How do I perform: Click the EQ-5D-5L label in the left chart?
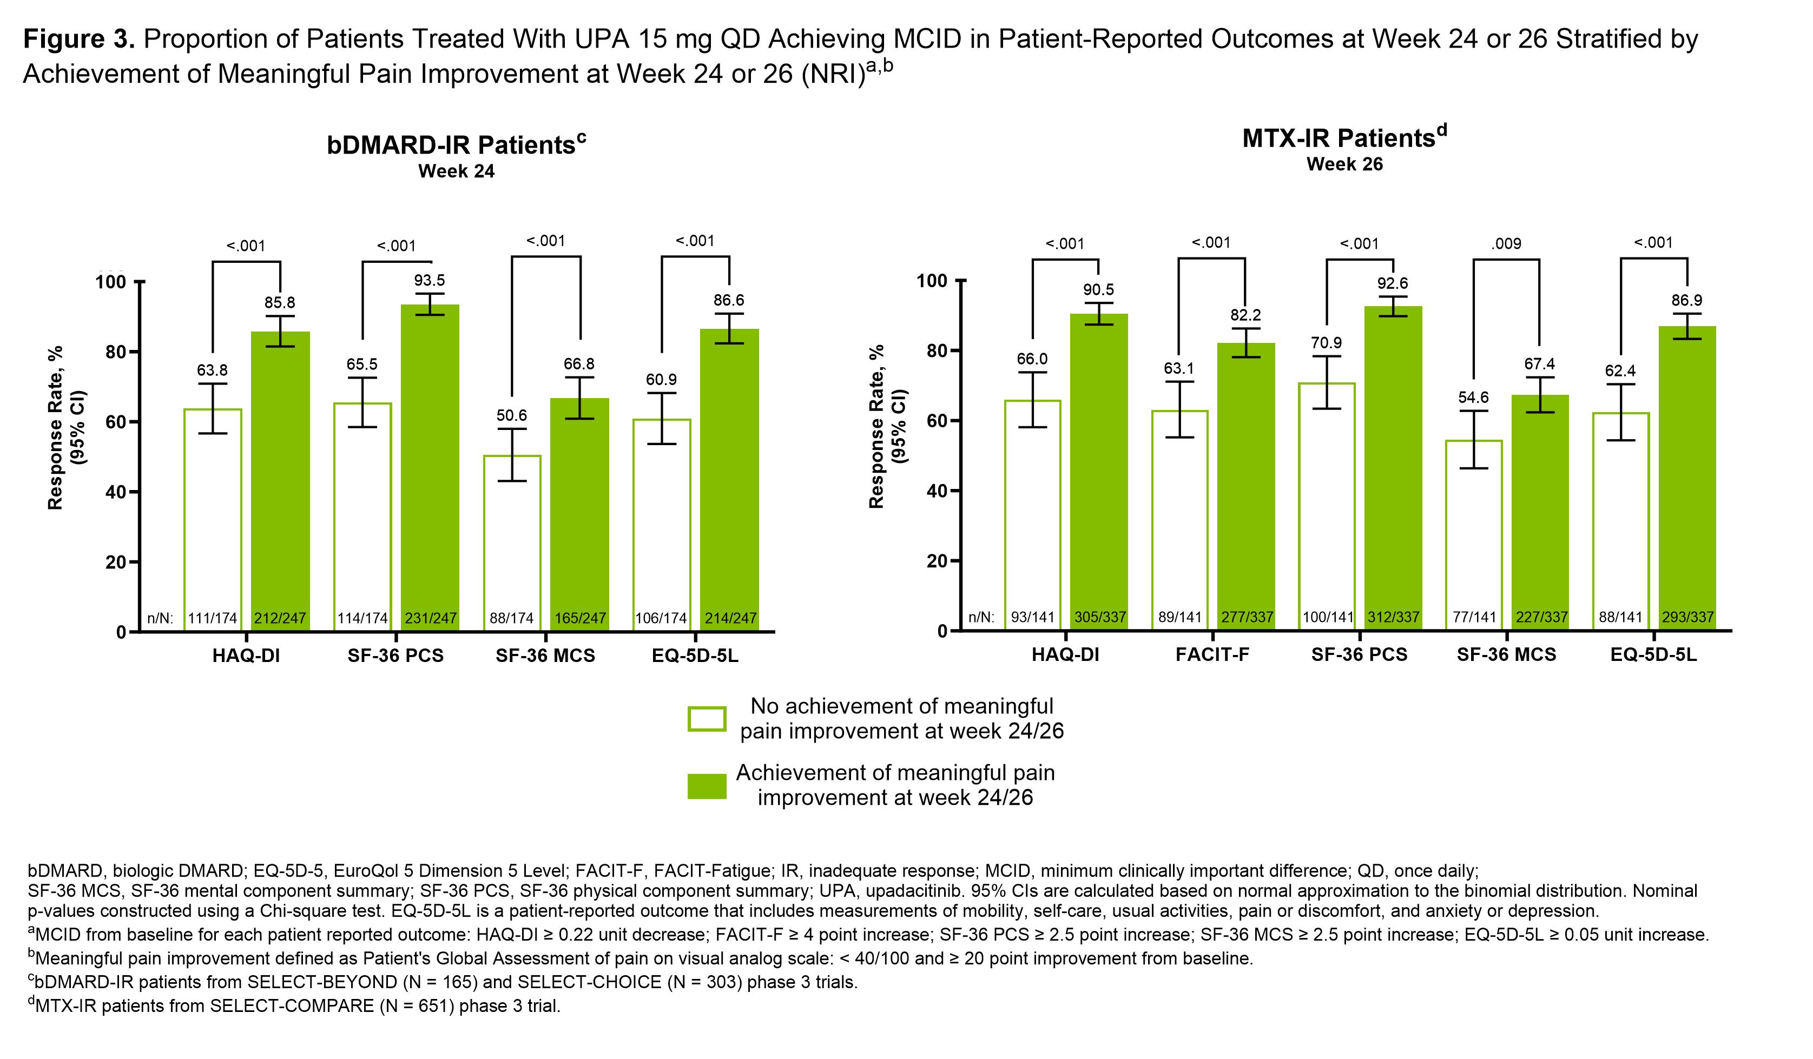(x=695, y=656)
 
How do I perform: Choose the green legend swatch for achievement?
(x=707, y=786)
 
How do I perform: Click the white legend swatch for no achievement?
(x=707, y=719)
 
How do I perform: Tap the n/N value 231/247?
(x=430, y=618)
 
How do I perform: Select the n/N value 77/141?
(x=1474, y=617)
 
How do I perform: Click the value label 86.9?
(x=1686, y=301)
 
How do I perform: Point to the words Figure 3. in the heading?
(x=79, y=39)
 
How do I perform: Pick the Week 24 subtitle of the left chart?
(x=456, y=172)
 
